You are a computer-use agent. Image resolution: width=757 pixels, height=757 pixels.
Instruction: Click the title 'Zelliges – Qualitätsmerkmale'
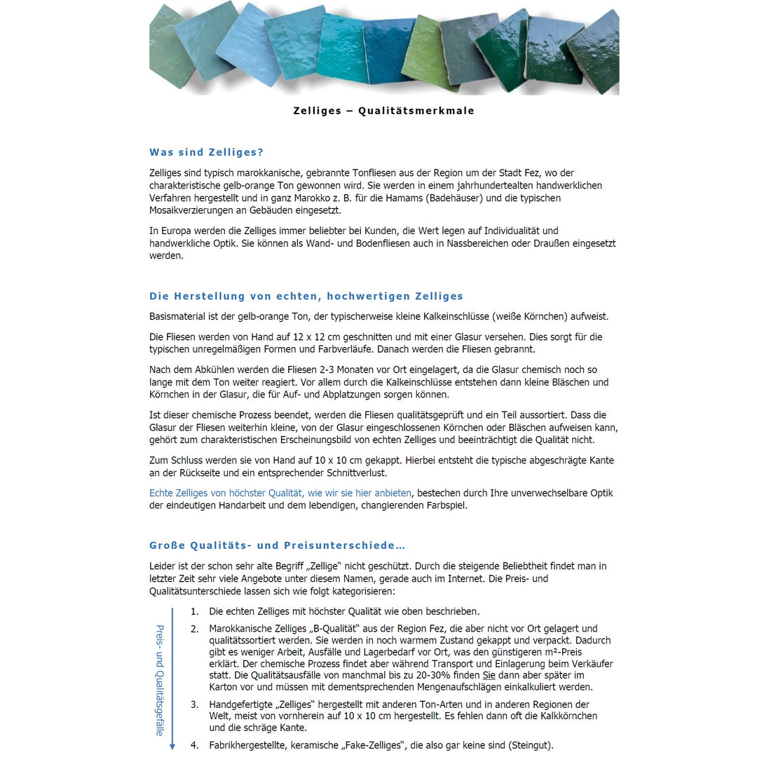click(383, 111)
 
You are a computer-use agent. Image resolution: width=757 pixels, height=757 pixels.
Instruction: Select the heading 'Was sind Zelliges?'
click(206, 153)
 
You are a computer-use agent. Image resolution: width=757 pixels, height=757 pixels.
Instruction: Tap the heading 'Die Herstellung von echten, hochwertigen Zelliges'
click(306, 296)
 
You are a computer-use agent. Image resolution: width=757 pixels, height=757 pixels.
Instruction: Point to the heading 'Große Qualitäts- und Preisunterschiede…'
click(278, 546)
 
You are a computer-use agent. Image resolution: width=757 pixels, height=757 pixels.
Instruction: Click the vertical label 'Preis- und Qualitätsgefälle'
click(160, 680)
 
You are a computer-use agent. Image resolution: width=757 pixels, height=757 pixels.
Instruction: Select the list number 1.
click(194, 612)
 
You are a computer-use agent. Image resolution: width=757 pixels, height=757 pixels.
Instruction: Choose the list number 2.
click(194, 629)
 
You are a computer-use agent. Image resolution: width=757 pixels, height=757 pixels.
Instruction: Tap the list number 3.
click(194, 704)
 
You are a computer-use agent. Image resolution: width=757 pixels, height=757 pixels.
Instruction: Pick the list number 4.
click(194, 746)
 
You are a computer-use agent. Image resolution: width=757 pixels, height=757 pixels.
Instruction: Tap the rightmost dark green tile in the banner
click(594, 53)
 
